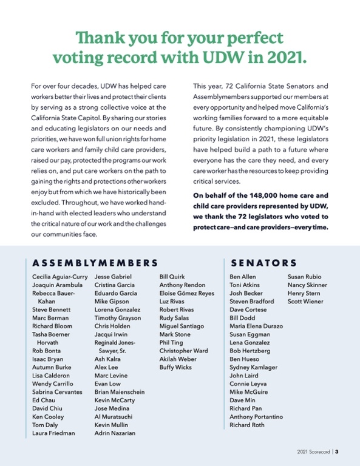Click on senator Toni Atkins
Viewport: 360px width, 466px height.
(x=244, y=285)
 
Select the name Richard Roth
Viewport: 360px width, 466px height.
(x=247, y=425)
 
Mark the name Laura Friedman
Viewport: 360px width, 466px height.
(x=53, y=433)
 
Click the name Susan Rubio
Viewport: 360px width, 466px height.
(x=304, y=277)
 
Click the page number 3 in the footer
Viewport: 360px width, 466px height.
(x=336, y=451)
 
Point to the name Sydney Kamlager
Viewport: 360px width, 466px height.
(x=253, y=368)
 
